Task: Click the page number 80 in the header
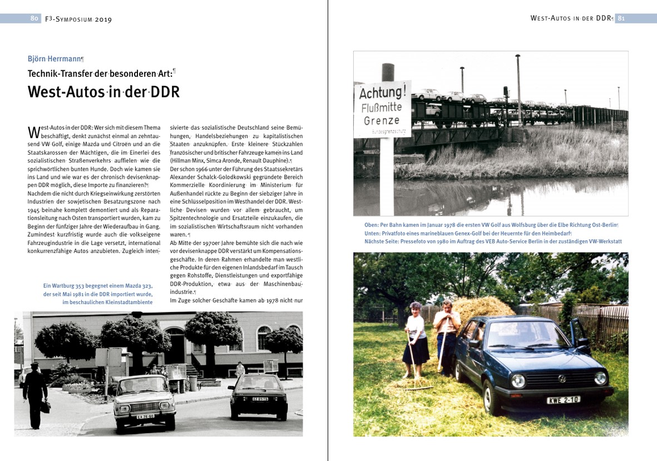point(34,18)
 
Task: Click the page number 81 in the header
point(621,18)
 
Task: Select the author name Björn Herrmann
point(55,58)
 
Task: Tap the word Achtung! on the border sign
point(382,91)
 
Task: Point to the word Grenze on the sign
point(382,121)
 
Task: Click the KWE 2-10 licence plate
point(563,400)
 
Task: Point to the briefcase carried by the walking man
point(45,407)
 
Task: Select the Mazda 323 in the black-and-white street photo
point(257,396)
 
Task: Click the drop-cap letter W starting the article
point(33,133)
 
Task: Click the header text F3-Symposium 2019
point(78,19)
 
